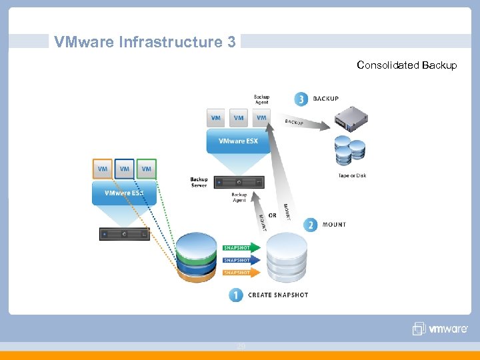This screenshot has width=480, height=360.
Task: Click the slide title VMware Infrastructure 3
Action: pyautogui.click(x=145, y=42)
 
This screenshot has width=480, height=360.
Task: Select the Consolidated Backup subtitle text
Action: pyautogui.click(x=407, y=65)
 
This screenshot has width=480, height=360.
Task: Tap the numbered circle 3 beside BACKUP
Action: pyautogui.click(x=301, y=99)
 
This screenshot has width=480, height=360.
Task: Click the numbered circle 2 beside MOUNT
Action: pyautogui.click(x=310, y=225)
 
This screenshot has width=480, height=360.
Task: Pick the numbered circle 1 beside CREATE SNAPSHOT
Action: pyautogui.click(x=236, y=295)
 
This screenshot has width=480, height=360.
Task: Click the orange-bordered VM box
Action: pyautogui.click(x=103, y=169)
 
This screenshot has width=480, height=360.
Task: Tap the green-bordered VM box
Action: pyautogui.click(x=147, y=169)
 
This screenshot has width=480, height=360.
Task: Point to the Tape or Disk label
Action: pyautogui.click(x=352, y=176)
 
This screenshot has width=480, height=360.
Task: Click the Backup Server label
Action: pyautogui.click(x=199, y=182)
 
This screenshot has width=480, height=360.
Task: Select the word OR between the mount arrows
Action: pyautogui.click(x=272, y=215)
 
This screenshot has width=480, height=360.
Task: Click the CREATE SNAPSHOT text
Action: pyautogui.click(x=278, y=295)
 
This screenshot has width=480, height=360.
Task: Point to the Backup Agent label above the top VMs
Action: pyautogui.click(x=261, y=99)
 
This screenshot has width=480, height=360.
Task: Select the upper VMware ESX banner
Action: pyautogui.click(x=238, y=141)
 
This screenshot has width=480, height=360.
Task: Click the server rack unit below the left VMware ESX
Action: pyautogui.click(x=125, y=234)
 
